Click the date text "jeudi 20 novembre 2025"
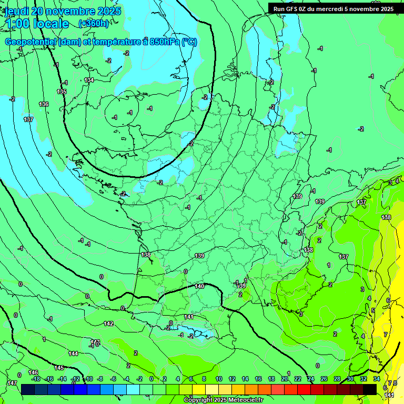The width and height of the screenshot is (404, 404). [63, 11]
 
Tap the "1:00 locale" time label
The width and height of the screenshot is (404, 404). [37, 24]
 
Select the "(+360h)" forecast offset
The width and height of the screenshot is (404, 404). [94, 24]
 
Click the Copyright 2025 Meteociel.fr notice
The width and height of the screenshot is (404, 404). [223, 400]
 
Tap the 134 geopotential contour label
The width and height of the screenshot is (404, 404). [89, 80]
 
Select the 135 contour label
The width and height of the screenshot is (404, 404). [62, 92]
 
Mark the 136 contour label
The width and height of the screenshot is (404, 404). [44, 105]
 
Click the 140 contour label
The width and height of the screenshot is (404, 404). [199, 287]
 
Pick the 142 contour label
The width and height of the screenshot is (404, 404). [108, 324]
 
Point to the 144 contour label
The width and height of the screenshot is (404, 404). [73, 354]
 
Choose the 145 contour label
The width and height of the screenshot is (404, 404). [59, 368]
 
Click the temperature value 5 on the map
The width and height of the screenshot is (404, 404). [373, 310]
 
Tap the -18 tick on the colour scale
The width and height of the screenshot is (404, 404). [36, 379]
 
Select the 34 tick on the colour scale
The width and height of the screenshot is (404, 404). [377, 379]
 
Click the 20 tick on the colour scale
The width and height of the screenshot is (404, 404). [285, 379]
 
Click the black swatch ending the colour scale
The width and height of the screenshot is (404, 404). [370, 389]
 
